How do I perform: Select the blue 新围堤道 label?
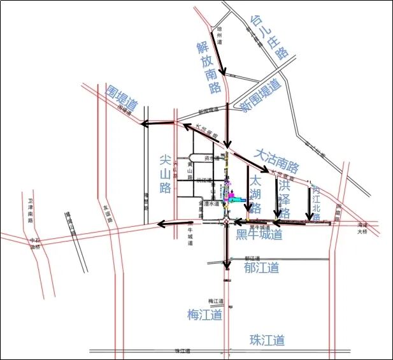261,96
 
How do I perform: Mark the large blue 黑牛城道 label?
259,235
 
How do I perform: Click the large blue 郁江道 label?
261,267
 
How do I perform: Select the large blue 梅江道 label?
204,315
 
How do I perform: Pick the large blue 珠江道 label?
267,340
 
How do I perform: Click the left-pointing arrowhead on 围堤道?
145,124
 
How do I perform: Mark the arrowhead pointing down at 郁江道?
226,265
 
